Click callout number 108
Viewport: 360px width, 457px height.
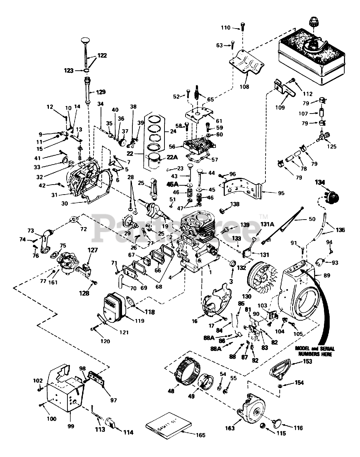244,86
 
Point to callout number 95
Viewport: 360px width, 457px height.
281,193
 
